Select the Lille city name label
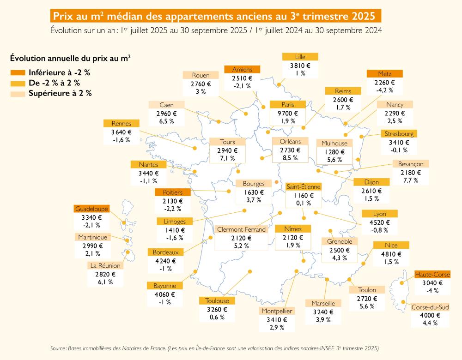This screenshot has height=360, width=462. (x=300, y=57)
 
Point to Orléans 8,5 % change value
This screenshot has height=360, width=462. (x=290, y=158)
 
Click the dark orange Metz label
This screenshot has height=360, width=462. (x=384, y=74)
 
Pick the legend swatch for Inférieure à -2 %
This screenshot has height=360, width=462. (x=17, y=73)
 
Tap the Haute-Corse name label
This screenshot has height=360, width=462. (x=432, y=275)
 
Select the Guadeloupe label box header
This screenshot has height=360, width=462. (x=91, y=209)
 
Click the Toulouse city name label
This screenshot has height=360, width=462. (x=217, y=301)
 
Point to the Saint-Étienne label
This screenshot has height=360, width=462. (x=303, y=186)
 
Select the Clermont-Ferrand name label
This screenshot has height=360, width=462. (x=241, y=229)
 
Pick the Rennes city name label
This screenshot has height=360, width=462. (x=122, y=123)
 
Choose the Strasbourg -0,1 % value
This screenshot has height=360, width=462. (x=399, y=150)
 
